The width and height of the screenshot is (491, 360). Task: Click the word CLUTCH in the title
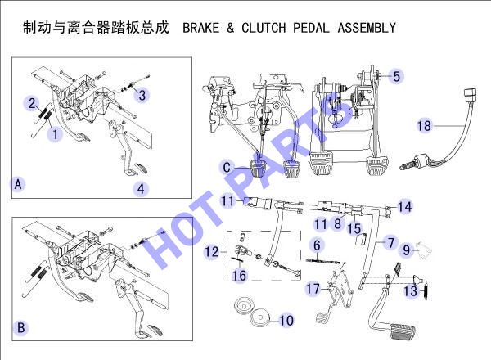coord(264,28)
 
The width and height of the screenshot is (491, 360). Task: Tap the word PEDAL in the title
coord(311,28)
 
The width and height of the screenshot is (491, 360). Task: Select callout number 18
coord(424,126)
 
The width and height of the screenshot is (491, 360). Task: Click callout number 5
coord(396,76)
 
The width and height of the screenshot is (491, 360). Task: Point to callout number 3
coord(142,95)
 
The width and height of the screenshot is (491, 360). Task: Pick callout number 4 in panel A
coord(141,189)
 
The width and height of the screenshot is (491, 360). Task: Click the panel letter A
coord(18,184)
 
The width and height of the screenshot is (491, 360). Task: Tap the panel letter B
coord(21,327)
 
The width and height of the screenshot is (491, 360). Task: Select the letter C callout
coord(227,168)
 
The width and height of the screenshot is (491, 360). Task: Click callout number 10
coord(286,320)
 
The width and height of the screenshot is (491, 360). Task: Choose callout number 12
coord(211,252)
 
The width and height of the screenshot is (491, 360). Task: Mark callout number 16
coord(239,276)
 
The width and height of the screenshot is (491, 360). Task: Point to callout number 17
coord(313,289)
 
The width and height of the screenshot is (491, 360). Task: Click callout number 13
coord(410,290)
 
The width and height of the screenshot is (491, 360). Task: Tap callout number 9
coord(406,250)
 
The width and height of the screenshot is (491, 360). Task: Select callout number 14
coord(404,207)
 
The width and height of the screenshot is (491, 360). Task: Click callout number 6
coord(317,245)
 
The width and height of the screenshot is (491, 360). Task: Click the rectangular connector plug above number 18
coord(470,95)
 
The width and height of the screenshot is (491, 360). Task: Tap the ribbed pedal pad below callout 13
coord(402,332)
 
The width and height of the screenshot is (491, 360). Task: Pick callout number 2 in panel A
coord(32,103)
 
